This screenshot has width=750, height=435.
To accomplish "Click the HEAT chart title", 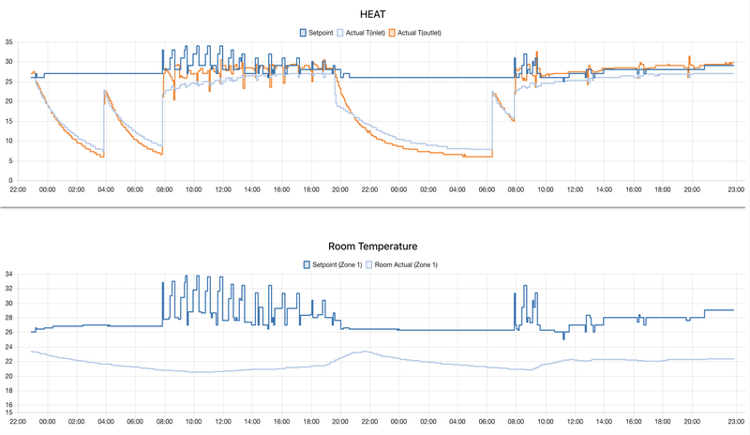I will pyautogui.click(x=375, y=14).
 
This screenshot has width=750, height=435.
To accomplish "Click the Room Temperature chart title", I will pyautogui.click(x=375, y=246).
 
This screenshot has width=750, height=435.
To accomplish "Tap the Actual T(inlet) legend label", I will pyautogui.click(x=366, y=33).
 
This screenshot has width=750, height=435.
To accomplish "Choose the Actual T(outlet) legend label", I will pyautogui.click(x=419, y=33).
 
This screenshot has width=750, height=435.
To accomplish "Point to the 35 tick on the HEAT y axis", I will pyautogui.click(x=8, y=42).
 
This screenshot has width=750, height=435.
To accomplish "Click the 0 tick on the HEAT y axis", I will pyautogui.click(x=10, y=180).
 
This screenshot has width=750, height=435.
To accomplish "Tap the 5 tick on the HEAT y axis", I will pyautogui.click(x=10, y=160).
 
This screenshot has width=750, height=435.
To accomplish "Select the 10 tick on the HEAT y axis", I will pyautogui.click(x=8, y=141).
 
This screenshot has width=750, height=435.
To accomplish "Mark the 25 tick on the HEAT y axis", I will pyautogui.click(x=8, y=82).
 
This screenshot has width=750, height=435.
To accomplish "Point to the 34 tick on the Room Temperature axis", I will pyautogui.click(x=8, y=275).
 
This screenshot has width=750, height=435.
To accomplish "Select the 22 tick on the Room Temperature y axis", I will pyautogui.click(x=8, y=362).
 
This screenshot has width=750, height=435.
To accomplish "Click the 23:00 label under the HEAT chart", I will pyautogui.click(x=736, y=189).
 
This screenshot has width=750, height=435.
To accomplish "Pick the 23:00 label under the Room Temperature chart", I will pyautogui.click(x=736, y=422).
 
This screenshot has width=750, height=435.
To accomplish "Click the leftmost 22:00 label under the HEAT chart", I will pyautogui.click(x=18, y=189).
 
